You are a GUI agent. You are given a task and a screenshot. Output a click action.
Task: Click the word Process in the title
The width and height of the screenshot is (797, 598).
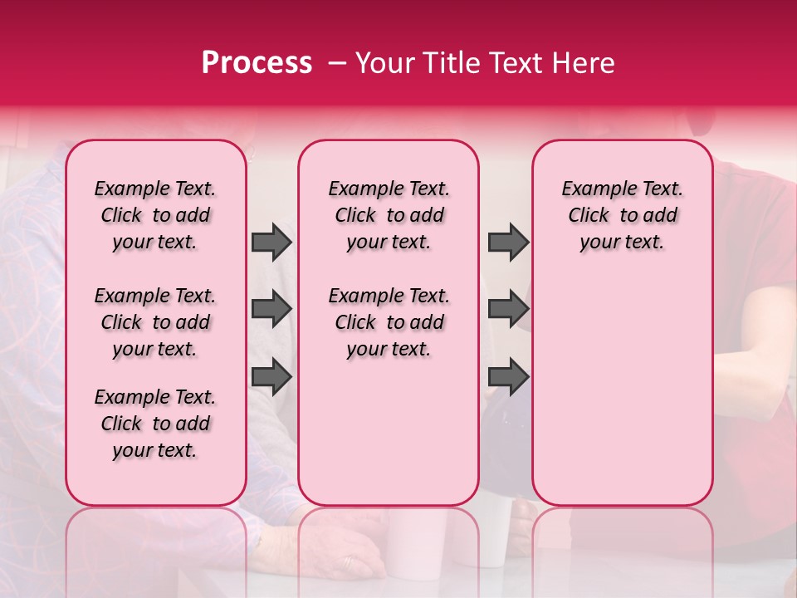257,63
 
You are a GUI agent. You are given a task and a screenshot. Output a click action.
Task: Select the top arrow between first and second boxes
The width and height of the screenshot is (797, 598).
271,242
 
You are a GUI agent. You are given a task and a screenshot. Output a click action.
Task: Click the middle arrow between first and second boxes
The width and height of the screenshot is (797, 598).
271,310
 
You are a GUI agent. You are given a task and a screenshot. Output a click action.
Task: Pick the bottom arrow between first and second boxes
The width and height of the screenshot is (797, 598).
271,376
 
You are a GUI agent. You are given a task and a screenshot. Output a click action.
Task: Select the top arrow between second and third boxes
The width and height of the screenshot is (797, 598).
508,242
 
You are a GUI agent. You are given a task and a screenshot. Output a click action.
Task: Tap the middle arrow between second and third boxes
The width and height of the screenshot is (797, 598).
508,310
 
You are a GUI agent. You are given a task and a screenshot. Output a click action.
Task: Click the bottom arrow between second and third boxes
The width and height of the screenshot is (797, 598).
508,376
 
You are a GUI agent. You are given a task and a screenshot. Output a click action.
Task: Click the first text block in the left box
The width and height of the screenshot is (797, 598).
155,215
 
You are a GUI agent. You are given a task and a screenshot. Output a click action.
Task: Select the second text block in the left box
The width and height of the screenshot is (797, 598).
155,322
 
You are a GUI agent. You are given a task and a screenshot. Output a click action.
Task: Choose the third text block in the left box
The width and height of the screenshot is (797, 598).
155,424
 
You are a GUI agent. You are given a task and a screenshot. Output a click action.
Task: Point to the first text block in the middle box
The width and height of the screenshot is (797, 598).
389,215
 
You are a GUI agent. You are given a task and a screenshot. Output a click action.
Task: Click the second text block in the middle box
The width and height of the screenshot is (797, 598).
389,322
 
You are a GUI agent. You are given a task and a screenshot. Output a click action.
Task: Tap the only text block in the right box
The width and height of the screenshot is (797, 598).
623,215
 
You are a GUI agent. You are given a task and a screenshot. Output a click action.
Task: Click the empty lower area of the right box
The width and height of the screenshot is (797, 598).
623,390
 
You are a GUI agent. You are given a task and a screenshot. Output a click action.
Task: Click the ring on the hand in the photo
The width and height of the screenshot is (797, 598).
349,562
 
